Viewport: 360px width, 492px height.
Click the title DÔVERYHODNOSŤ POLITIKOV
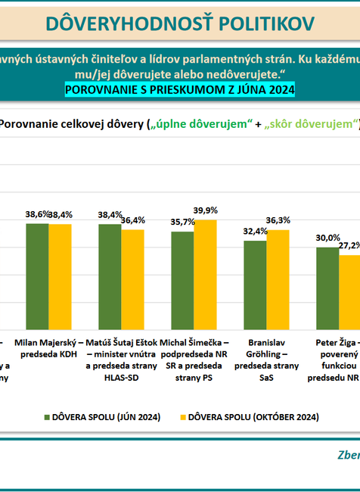pos(179,23)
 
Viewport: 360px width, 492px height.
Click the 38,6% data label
pos(36,215)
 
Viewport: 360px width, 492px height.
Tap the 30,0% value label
pos(327,238)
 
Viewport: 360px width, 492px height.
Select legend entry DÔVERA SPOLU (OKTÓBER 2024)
pos(246,416)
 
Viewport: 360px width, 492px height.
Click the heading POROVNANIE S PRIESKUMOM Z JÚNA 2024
pos(180,90)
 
